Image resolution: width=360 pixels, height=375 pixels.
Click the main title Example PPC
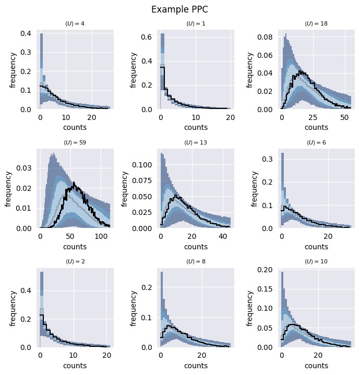pyautogui.click(x=179, y=9)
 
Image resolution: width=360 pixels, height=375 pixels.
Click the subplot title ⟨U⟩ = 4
pyautogui.click(x=75, y=23)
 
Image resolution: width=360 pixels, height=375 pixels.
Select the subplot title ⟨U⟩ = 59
pyautogui.click(x=75, y=142)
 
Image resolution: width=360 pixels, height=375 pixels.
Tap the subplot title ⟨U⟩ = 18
pyautogui.click(x=317, y=23)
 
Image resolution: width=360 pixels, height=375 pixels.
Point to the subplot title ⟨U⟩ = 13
pyautogui.click(x=196, y=142)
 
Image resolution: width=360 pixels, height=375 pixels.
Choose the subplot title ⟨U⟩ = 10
pyautogui.click(x=317, y=261)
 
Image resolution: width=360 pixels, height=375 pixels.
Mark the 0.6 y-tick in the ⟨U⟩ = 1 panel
pyautogui.click(x=147, y=37)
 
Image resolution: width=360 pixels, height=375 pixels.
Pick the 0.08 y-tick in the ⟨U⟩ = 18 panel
pyautogui.click(x=265, y=37)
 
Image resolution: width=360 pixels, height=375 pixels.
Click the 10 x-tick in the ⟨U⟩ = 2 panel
pyautogui.click(x=73, y=355)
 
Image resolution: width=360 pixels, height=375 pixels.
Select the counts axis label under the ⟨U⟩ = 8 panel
pyautogui.click(x=196, y=366)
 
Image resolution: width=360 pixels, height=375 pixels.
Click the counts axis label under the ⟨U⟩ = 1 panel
pyautogui.click(x=196, y=127)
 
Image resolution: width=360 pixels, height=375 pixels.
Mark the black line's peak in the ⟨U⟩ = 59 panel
pyautogui.click(x=75, y=183)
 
